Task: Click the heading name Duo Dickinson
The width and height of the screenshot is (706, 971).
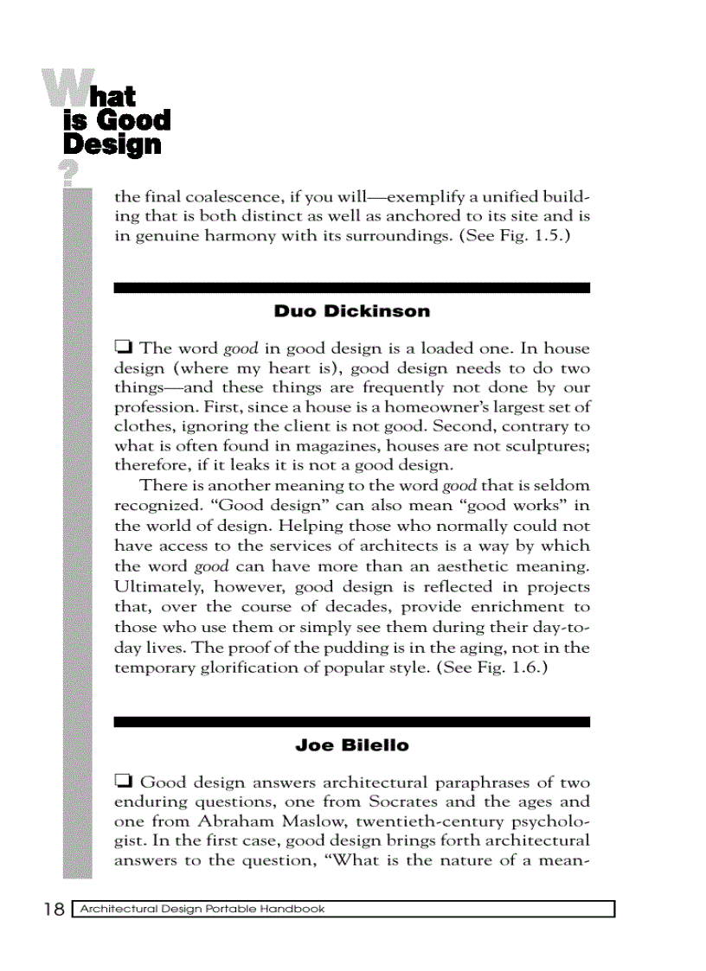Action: click(x=351, y=311)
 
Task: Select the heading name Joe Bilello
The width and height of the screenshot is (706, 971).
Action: click(x=351, y=745)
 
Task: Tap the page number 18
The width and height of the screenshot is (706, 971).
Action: click(x=54, y=909)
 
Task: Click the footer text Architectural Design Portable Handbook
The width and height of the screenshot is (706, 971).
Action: click(x=202, y=909)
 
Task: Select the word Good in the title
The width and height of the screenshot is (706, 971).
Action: click(x=132, y=119)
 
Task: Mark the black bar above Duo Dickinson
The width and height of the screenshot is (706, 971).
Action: click(x=351, y=288)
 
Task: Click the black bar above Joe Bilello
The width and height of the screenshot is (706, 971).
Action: click(x=351, y=721)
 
